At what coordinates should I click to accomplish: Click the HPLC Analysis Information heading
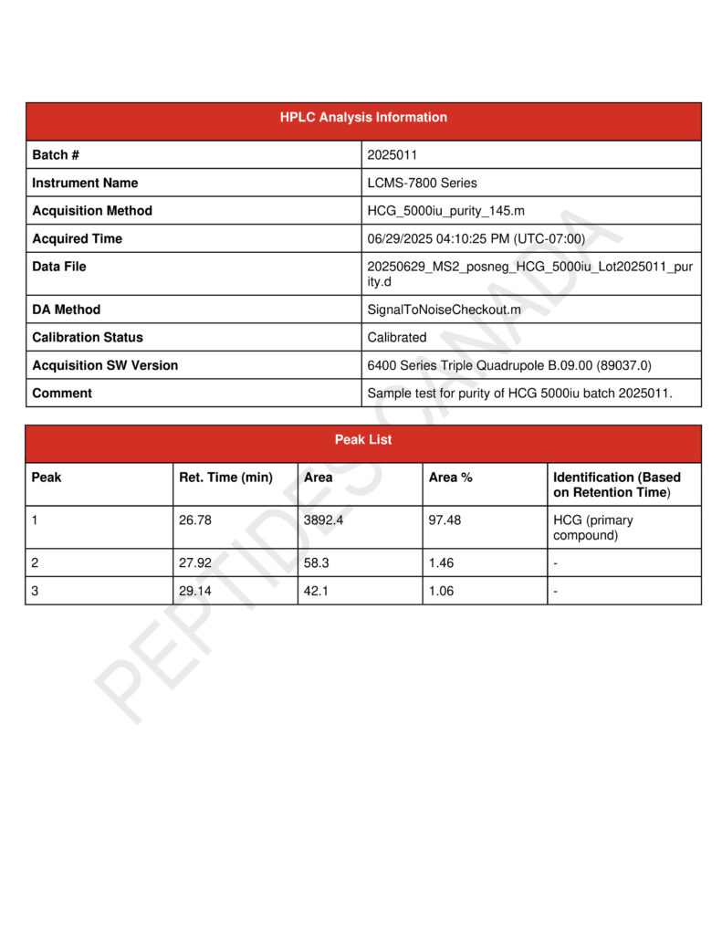coord(363,118)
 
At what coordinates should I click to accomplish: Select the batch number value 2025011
coord(392,155)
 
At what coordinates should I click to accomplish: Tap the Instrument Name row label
coord(85,183)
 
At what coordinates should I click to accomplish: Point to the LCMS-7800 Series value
coord(422,183)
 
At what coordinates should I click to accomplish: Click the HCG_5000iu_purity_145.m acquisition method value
coord(445,211)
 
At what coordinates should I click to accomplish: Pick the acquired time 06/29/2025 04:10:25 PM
coord(476,239)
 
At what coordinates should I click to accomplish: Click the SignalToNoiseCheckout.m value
coord(444,310)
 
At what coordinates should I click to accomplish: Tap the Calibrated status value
coord(396,337)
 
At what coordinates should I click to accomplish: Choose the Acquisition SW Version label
coord(105,365)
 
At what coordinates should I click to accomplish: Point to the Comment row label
coord(62,394)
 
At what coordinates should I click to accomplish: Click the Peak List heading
coord(363,440)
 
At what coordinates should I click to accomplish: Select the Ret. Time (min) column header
coord(225,478)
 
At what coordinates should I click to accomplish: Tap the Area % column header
coord(450,478)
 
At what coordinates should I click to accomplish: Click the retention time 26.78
coord(195,520)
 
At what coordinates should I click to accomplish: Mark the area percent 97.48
coord(446,520)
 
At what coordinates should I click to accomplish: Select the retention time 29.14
coord(195,591)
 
